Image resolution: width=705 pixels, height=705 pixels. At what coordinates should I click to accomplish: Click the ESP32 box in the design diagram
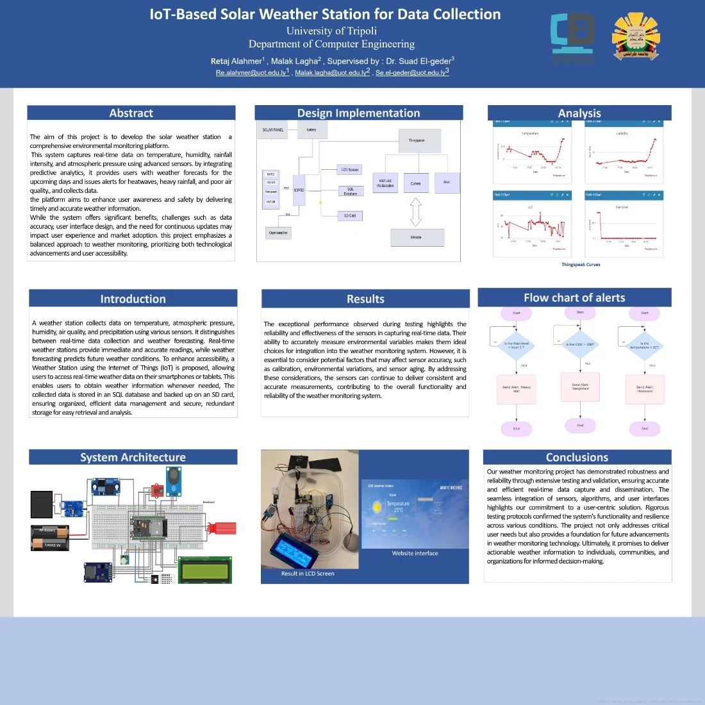click(x=299, y=190)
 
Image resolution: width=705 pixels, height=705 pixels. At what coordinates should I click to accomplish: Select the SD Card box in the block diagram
click(x=350, y=216)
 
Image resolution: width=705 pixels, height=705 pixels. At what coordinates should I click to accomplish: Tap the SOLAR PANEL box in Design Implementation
click(x=273, y=130)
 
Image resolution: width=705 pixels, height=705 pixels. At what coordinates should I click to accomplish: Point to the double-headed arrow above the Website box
click(x=415, y=212)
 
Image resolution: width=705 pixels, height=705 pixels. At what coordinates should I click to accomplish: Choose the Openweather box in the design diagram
click(x=279, y=233)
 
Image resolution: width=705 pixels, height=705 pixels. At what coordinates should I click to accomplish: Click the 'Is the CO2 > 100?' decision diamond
click(x=579, y=345)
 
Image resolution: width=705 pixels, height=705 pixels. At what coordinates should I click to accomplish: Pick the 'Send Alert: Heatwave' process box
click(x=644, y=389)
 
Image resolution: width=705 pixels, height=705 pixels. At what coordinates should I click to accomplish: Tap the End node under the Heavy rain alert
click(x=517, y=429)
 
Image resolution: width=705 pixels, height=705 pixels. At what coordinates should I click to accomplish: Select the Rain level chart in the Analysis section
click(x=624, y=224)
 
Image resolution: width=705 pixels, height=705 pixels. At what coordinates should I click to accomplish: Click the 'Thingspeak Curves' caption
click(x=581, y=265)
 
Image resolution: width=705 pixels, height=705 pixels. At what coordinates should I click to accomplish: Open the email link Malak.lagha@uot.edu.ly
click(x=332, y=73)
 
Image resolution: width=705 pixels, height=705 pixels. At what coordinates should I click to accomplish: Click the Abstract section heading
click(x=131, y=113)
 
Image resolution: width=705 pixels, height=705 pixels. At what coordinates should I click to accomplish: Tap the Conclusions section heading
click(x=577, y=458)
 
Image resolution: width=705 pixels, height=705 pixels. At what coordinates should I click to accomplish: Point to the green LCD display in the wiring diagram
click(x=204, y=570)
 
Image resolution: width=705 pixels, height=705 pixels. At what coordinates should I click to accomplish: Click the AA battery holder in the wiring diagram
click(x=49, y=538)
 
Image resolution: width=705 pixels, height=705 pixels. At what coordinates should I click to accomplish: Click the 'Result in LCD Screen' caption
click(x=308, y=574)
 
